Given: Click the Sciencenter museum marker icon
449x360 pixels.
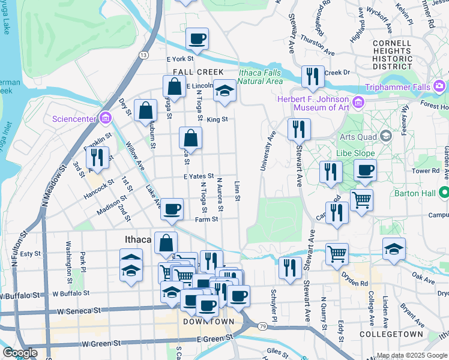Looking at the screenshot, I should click(106, 118).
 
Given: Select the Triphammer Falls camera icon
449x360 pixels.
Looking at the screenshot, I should click(440, 86).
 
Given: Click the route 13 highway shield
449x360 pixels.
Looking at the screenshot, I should click(143, 55).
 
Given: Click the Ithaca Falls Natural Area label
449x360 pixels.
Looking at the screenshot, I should click(261, 77).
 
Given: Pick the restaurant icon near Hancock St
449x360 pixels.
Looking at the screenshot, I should click(96, 157).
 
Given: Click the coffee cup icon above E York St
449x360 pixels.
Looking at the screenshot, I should click(197, 40).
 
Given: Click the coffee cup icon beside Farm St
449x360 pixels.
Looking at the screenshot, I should click(172, 209).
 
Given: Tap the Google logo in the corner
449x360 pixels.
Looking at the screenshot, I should click(19, 353).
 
